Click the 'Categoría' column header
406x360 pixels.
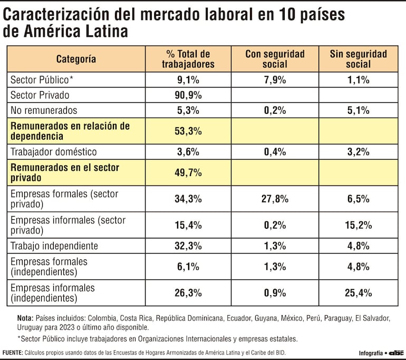pos(76,59)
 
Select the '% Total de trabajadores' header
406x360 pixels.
pos(188,59)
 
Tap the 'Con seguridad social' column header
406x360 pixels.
pos(274,59)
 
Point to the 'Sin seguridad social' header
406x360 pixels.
pos(358,59)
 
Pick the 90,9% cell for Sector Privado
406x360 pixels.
pos(188,95)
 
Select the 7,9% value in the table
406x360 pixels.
pos(274,80)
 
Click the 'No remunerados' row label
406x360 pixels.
pos(44,111)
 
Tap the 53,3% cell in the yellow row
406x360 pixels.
pos(188,131)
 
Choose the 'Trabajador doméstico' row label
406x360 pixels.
pos(54,152)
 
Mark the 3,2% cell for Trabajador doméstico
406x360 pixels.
pos(358,152)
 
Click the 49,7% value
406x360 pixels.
pos(188,172)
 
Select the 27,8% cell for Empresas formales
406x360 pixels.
pos(274,199)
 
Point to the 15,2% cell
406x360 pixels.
pos(358,225)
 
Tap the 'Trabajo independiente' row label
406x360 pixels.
pos(54,246)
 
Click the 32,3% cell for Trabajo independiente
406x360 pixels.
pos(188,246)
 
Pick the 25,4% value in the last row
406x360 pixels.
pos(358,293)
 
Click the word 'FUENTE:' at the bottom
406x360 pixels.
pos(12,352)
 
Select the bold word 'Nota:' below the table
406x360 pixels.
pos(25,318)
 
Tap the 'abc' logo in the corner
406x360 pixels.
pos(397,352)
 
